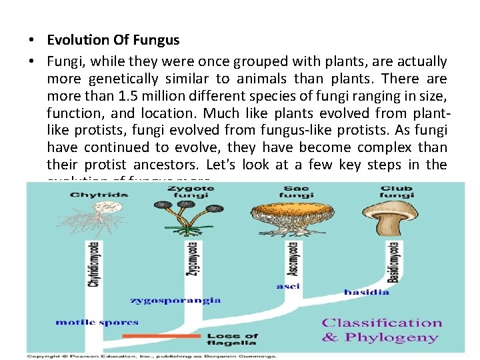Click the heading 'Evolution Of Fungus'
[x=113, y=40]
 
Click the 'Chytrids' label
[x=89, y=194]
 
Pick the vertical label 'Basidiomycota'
[x=393, y=261]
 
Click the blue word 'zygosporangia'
[x=175, y=300]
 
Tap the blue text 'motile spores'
[x=97, y=322]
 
